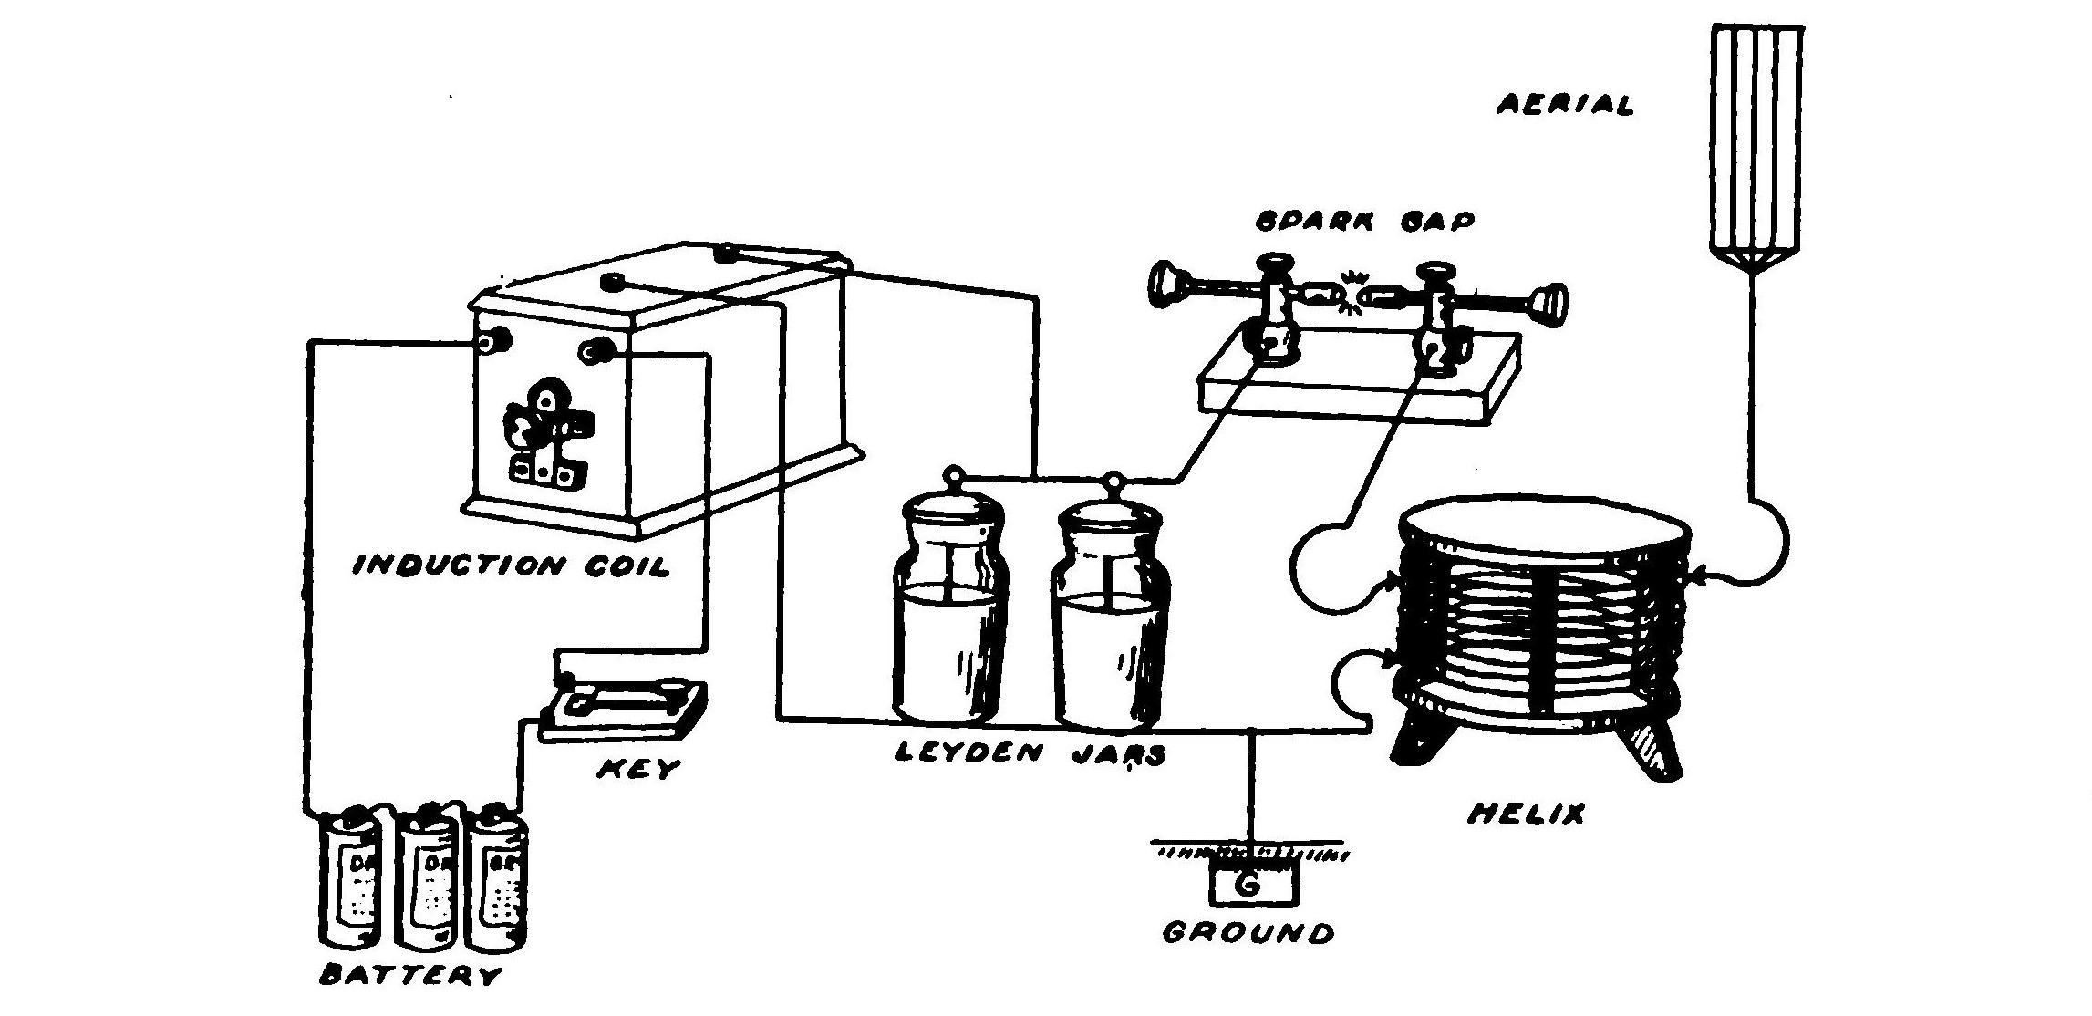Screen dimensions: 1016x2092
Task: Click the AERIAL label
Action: tap(1565, 105)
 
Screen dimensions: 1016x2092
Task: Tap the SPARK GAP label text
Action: tap(1363, 221)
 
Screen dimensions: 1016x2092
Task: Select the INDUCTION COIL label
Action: tap(512, 565)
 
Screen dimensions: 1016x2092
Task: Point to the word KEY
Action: tap(638, 769)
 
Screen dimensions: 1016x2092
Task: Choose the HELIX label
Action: tap(1526, 814)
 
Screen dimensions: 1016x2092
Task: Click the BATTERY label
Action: tap(411, 976)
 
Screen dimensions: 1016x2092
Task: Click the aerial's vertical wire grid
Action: tap(1754, 137)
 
